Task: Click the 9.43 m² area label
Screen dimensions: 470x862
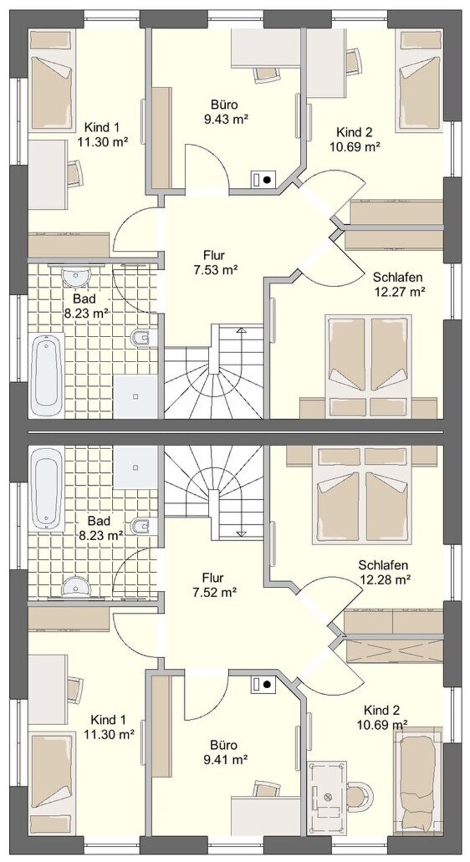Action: point(226,119)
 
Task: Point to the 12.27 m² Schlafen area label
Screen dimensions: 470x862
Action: point(400,291)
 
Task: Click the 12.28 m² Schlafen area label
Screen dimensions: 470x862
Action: point(385,579)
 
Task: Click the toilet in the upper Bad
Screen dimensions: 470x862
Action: point(144,338)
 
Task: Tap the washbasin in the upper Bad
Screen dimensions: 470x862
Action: point(76,276)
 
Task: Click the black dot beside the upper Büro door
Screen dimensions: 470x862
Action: point(267,179)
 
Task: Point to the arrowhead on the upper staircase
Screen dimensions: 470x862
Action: point(241,330)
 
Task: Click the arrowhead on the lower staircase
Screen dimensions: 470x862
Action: point(241,533)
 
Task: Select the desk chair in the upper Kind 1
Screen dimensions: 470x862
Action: point(76,173)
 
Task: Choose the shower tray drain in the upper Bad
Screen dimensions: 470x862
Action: point(135,396)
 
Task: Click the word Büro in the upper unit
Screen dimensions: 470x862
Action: point(225,104)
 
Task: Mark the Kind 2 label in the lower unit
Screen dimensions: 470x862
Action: point(382,710)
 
